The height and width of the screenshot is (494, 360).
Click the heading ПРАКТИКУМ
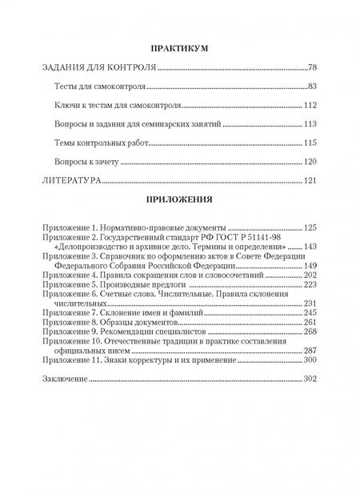coord(179,50)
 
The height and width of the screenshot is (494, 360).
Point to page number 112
coord(312,106)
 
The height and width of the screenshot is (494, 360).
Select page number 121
coord(312,183)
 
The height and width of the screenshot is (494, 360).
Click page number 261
coord(312,321)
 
